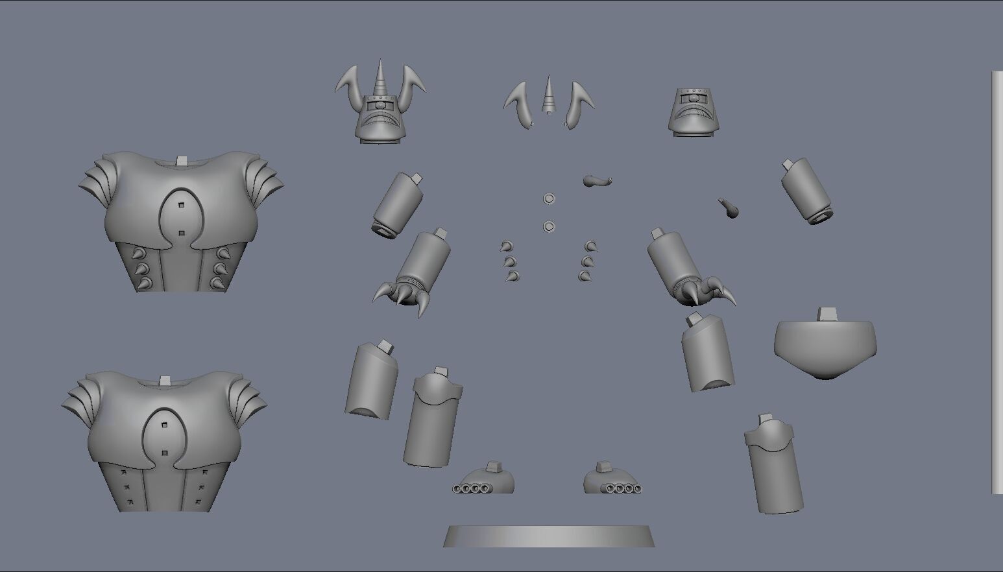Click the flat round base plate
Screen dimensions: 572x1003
[x=548, y=537]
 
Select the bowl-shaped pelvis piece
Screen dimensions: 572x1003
[x=825, y=347]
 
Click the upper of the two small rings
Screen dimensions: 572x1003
[x=549, y=198]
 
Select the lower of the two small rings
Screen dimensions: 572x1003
[x=549, y=226]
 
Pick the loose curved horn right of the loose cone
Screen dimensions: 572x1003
[x=577, y=104]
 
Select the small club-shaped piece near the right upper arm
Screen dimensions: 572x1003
[x=728, y=208]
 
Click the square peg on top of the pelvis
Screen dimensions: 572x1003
[x=827, y=314]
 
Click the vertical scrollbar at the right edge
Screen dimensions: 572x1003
[x=997, y=282]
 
